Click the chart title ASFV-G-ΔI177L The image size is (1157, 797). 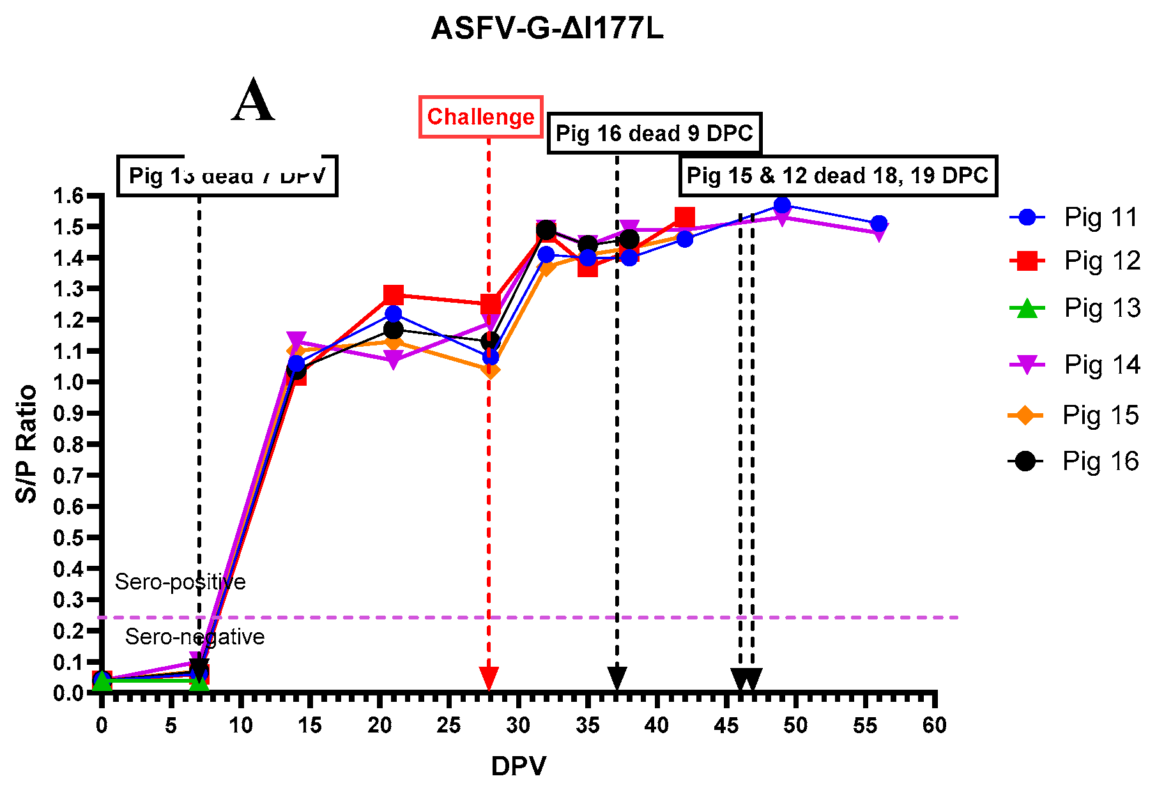548,29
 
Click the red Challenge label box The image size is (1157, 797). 480,117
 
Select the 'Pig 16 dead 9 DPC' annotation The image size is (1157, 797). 654,133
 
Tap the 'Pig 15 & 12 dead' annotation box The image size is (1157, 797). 838,176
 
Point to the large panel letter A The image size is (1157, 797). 254,102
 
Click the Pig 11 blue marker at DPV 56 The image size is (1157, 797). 879,224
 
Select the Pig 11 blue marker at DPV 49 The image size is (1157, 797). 782,205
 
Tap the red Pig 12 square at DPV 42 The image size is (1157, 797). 684,218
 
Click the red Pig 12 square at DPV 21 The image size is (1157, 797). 394,295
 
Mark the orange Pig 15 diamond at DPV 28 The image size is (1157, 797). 490,370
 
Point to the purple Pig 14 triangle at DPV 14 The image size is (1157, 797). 296,340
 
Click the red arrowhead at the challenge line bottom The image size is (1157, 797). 489,678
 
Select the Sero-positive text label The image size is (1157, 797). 180,582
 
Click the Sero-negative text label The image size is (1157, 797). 195,637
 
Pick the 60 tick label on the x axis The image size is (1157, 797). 934,726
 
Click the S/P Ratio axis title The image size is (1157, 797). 27,444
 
